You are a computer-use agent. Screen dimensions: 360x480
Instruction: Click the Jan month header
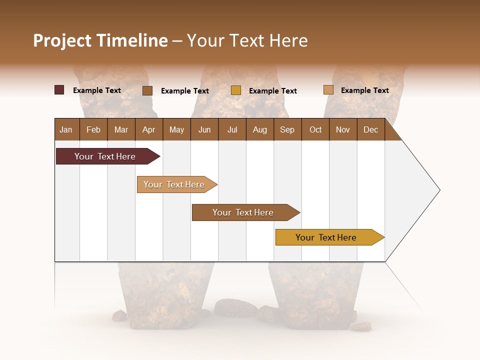tap(66, 129)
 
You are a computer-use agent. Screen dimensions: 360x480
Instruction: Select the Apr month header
tap(148, 129)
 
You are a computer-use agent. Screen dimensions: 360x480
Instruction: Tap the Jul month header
tap(232, 129)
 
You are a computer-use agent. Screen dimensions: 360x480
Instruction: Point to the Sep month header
tap(287, 129)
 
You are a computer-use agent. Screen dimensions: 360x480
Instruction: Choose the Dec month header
tap(370, 129)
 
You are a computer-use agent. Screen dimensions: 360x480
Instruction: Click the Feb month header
tap(93, 129)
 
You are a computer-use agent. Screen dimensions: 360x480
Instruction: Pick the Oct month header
tap(315, 129)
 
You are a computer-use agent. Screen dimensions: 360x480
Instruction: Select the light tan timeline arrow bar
tap(175, 184)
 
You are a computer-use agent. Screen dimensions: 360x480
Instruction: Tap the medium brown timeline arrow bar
tap(244, 212)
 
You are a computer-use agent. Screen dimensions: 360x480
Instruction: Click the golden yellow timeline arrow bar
tap(327, 237)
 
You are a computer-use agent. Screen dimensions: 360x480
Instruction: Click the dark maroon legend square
tap(59, 90)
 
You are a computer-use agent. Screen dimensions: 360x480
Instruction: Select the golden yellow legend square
tap(236, 90)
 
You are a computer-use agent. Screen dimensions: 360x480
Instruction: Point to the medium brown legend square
tap(147, 90)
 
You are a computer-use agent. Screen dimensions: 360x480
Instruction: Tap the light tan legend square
tap(328, 90)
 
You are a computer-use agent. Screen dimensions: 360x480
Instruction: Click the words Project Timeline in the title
tap(100, 40)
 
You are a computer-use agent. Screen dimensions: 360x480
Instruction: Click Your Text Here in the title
tap(247, 40)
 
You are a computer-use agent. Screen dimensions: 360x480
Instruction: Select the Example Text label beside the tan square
tap(364, 90)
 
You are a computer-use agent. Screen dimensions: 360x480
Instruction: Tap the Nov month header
tap(342, 129)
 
